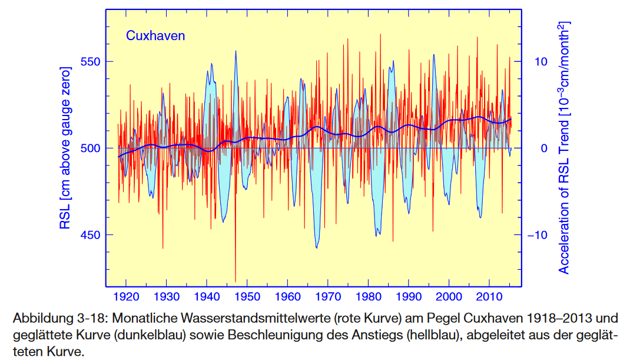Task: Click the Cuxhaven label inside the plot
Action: click(x=155, y=36)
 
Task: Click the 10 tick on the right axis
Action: click(x=541, y=62)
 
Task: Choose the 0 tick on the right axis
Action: click(x=544, y=148)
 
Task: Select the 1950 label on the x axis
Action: click(x=250, y=296)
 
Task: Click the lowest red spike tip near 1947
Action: click(x=236, y=281)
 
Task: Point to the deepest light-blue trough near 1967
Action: click(x=317, y=247)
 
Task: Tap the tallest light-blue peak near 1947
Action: click(x=236, y=51)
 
